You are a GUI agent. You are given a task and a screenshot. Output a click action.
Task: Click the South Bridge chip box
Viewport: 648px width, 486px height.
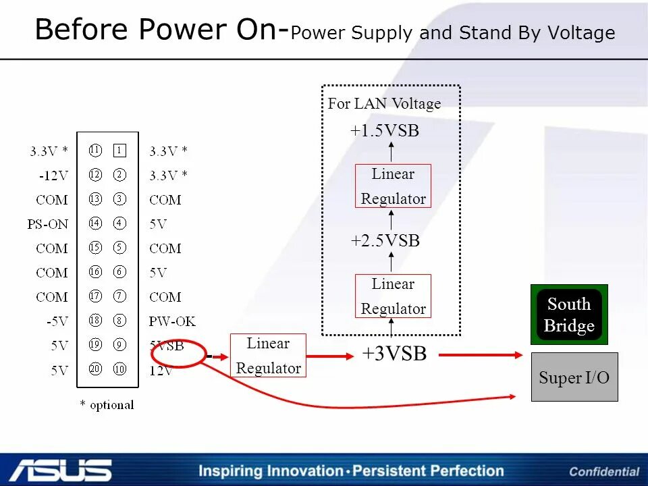click(569, 315)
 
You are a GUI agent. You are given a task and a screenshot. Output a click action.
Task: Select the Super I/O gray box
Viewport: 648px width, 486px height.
click(574, 377)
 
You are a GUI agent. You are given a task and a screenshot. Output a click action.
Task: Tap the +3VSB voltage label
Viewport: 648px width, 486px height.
click(394, 354)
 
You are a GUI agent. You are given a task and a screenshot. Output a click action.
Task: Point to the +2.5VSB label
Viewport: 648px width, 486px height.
click(385, 241)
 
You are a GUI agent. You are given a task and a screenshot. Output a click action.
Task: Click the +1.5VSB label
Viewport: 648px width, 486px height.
click(385, 131)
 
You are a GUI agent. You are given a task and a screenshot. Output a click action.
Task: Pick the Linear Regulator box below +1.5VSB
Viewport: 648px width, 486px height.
click(393, 186)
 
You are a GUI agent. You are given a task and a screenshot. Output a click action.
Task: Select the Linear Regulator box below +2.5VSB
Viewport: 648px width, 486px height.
click(393, 296)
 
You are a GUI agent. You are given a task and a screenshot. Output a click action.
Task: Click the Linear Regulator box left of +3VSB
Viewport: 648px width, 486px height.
click(268, 355)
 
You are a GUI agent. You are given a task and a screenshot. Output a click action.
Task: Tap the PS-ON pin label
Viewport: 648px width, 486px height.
click(48, 224)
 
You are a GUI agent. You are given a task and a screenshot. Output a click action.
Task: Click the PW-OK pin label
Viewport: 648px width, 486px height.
click(172, 321)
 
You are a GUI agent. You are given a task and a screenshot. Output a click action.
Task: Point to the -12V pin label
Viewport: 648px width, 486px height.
click(53, 175)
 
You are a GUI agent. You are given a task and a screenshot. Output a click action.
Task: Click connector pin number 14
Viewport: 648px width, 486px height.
click(95, 223)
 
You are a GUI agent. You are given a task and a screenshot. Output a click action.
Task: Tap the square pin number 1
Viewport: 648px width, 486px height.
click(119, 151)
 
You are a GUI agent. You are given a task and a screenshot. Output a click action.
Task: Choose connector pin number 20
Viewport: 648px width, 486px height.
click(95, 369)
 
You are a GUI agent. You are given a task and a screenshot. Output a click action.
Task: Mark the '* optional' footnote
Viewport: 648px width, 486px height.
click(107, 405)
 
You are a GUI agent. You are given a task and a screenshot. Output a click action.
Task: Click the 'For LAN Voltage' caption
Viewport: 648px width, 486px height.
click(384, 103)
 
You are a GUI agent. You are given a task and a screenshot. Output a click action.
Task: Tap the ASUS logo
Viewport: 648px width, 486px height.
click(61, 470)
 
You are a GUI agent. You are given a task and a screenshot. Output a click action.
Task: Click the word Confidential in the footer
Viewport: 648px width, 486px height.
click(604, 472)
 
